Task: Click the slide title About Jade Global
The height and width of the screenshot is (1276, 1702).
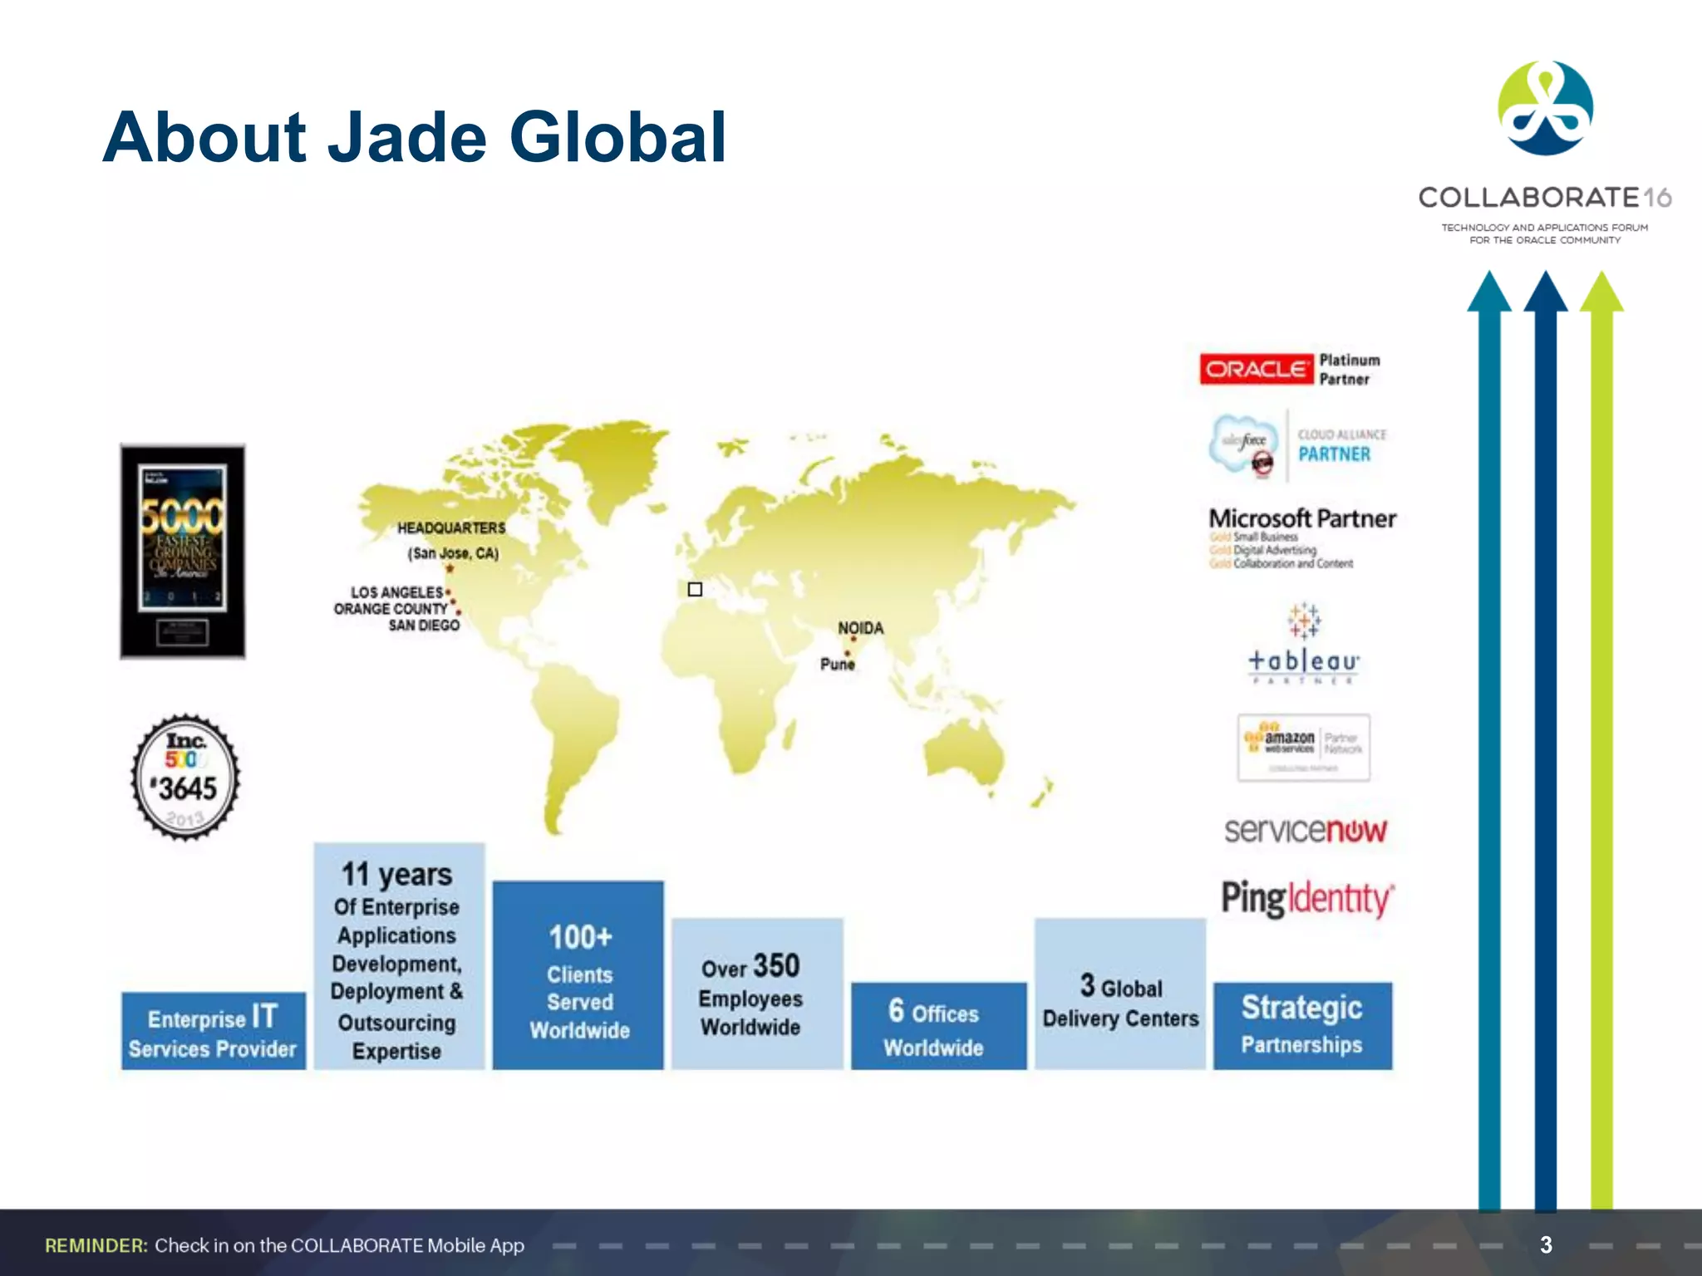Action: (414, 137)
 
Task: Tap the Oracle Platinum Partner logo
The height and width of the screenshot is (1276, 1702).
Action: (1290, 370)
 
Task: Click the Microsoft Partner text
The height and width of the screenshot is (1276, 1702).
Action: (1302, 518)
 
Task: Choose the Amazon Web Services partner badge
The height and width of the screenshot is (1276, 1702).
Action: (1303, 747)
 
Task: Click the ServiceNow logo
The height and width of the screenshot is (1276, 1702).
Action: (1305, 830)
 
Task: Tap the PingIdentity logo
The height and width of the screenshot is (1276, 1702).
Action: (1306, 899)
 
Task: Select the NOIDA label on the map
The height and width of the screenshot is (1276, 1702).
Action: (860, 628)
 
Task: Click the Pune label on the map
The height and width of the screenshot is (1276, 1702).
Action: (837, 664)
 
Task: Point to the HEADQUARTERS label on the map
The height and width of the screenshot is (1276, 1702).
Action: (450, 528)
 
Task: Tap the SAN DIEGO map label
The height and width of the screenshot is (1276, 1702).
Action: (424, 626)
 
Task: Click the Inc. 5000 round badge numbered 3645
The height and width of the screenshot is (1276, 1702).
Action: (186, 778)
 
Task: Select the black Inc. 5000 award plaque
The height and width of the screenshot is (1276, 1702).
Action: (183, 552)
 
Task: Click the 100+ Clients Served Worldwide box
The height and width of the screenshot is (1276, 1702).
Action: (578, 975)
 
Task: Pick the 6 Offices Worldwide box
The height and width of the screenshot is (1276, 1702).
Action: (938, 1026)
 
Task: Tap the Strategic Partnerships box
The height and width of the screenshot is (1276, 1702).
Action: (1302, 1025)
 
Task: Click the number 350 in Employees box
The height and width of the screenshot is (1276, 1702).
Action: (776, 966)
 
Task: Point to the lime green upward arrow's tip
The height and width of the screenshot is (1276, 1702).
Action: (1601, 276)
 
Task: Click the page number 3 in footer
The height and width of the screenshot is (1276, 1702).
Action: (1546, 1244)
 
